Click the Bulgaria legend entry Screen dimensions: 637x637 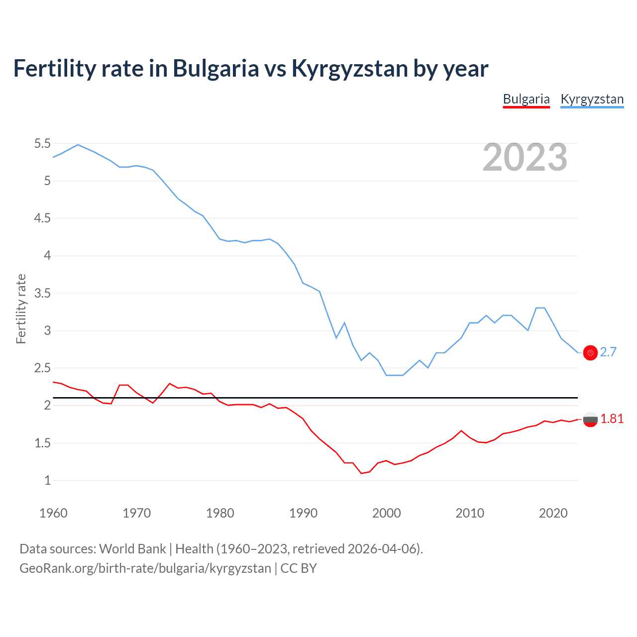coord(526,99)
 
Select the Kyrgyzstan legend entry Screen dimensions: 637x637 coord(592,99)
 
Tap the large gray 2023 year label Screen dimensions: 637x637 coord(525,157)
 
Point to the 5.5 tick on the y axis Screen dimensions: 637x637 coord(42,144)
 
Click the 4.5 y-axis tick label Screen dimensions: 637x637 coord(42,218)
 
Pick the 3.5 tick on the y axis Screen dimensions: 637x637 coord(42,293)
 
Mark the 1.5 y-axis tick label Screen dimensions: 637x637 coord(42,443)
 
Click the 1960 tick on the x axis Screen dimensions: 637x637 coord(53,513)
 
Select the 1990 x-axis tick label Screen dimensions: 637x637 coord(303,513)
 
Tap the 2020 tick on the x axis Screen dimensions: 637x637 coord(553,513)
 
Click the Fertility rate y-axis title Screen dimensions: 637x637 coord(21,309)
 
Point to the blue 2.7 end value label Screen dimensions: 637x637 coord(608,352)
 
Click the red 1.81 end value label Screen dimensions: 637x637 coord(612,419)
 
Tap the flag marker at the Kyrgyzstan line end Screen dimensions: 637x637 coord(590,353)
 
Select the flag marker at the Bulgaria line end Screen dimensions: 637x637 coord(590,419)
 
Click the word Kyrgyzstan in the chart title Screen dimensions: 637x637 coord(350,68)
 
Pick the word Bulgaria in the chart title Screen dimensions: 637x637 coord(215,68)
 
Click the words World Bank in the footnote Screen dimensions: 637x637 coord(132,549)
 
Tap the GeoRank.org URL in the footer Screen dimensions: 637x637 coord(145,568)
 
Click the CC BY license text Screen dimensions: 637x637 coord(299,568)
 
